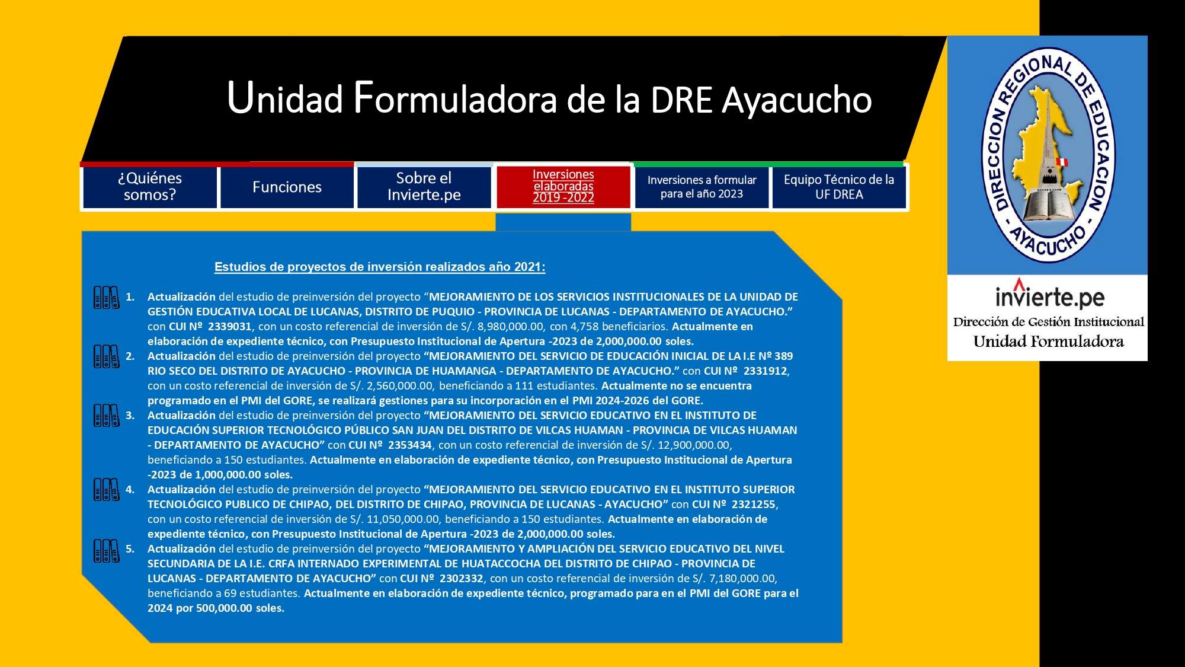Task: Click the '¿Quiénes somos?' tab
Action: (150, 187)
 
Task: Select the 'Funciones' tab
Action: (287, 187)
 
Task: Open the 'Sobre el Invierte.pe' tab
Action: (424, 187)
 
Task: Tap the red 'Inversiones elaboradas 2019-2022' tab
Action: (563, 187)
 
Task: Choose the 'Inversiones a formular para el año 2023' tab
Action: (702, 187)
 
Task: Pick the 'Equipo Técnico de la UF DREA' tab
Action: (839, 187)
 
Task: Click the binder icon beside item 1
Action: (107, 298)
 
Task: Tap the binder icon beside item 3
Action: (107, 416)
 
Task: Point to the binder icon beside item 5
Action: (107, 551)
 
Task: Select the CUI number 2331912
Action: (766, 371)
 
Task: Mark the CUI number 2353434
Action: (410, 445)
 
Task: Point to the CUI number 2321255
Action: (754, 504)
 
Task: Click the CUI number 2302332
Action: (462, 578)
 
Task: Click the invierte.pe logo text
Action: (1049, 295)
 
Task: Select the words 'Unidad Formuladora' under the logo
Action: (1049, 342)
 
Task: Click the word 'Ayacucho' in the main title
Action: (797, 100)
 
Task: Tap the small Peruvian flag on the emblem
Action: (1062, 162)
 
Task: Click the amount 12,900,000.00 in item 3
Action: (694, 445)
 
